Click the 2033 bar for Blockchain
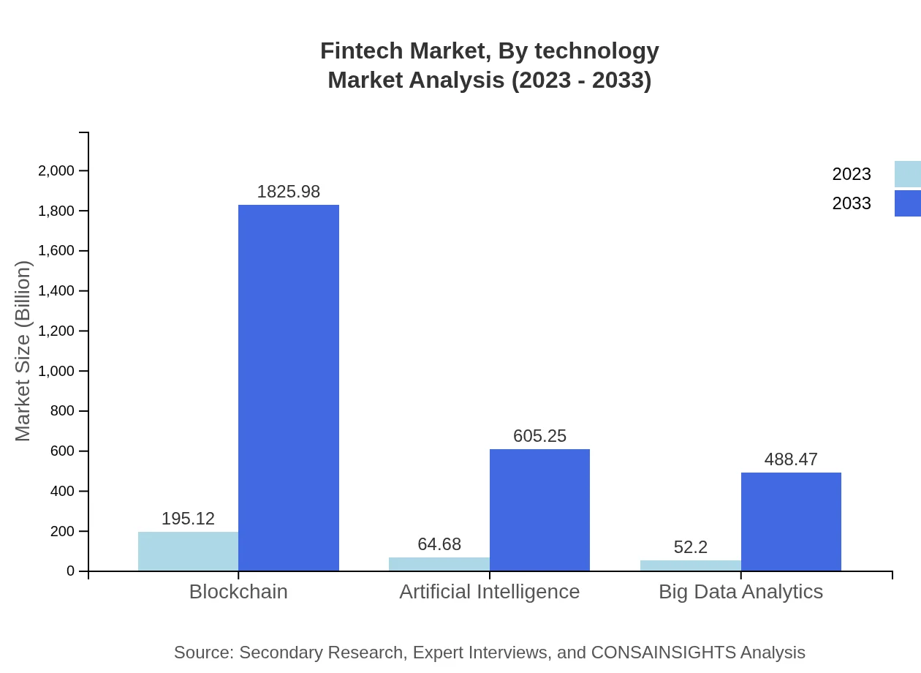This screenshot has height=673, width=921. click(x=289, y=388)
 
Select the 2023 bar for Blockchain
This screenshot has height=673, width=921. click(x=188, y=551)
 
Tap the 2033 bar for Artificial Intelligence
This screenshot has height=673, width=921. click(x=539, y=510)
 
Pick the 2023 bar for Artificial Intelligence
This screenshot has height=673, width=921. click(x=439, y=564)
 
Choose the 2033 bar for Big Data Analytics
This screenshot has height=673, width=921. click(x=791, y=522)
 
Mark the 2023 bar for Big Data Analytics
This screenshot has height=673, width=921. click(x=690, y=565)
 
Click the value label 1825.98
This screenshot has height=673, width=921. click(x=289, y=192)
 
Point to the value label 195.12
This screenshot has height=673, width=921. click(x=188, y=519)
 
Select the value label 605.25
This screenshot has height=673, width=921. click(x=539, y=436)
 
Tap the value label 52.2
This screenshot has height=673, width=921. click(x=690, y=547)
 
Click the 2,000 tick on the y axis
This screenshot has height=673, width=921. click(x=56, y=171)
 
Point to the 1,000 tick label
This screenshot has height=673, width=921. click(x=56, y=371)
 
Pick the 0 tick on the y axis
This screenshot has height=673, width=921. click(x=71, y=571)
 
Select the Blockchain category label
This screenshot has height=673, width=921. click(x=238, y=592)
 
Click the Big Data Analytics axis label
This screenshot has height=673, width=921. click(x=740, y=592)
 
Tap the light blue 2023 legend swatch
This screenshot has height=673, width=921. click(x=908, y=174)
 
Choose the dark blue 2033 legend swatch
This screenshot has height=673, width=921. click(x=908, y=203)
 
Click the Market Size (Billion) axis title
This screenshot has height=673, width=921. click(x=23, y=351)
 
